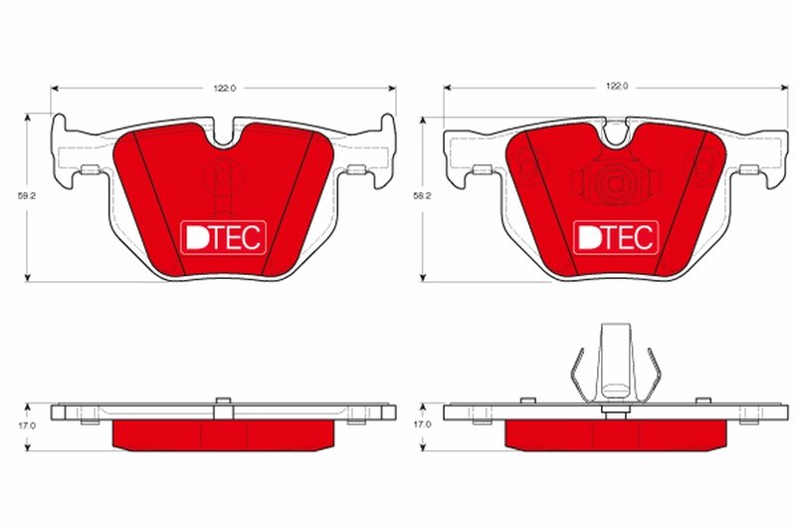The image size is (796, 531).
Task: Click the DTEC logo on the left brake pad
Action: pos(221,236)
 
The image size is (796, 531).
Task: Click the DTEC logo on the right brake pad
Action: pos(615,236)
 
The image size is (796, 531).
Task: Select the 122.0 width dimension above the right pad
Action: pos(618,88)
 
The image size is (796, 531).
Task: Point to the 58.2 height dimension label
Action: pos(422,196)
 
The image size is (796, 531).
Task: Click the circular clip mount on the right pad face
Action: pos(615,182)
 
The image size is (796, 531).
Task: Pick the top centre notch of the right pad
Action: pos(617,133)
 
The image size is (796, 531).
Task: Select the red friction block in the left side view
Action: pos(225,433)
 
